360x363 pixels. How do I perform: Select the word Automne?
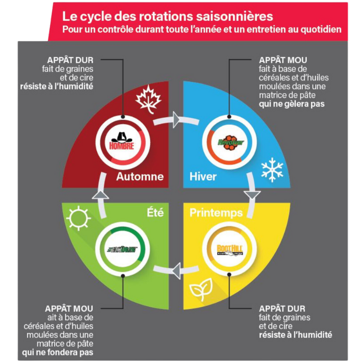[139, 177]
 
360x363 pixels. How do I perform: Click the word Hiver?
[203, 177]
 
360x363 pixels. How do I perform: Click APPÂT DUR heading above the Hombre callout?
[70, 60]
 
